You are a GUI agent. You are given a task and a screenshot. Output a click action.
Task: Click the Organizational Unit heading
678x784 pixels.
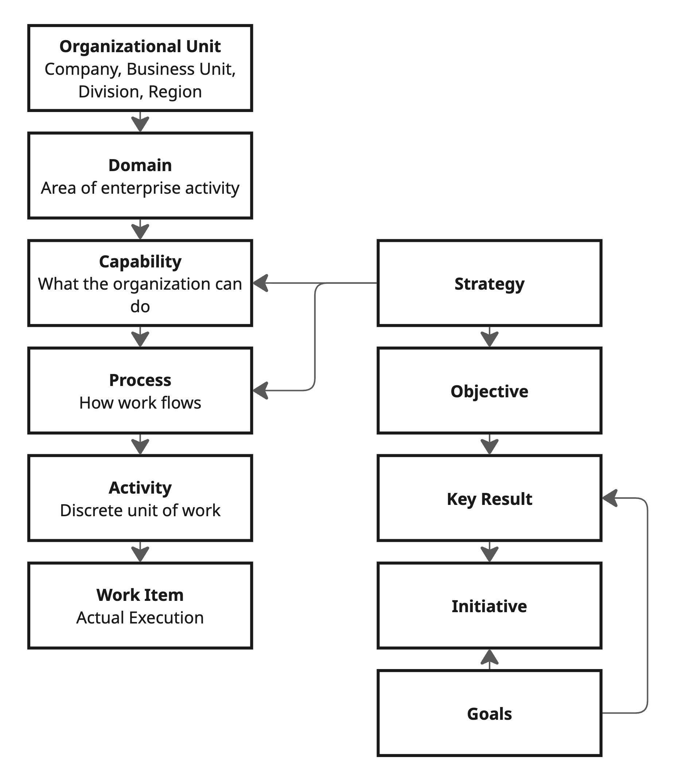coord(140,47)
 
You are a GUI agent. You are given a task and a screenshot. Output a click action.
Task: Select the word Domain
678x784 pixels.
coord(140,165)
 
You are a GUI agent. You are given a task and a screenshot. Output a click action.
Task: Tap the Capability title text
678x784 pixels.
coord(140,262)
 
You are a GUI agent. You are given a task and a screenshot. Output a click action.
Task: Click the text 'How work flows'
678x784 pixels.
coord(140,403)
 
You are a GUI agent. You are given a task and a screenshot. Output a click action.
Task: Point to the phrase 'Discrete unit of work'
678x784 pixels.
coord(140,510)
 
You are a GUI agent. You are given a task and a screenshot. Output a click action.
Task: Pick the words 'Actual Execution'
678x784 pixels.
coord(140,618)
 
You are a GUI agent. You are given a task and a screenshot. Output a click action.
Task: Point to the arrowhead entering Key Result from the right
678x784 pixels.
coord(609,498)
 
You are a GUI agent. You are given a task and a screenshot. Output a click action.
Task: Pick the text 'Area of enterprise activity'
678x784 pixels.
coord(140,188)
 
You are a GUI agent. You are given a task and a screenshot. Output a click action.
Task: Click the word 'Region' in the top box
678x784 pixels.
coord(175,92)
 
